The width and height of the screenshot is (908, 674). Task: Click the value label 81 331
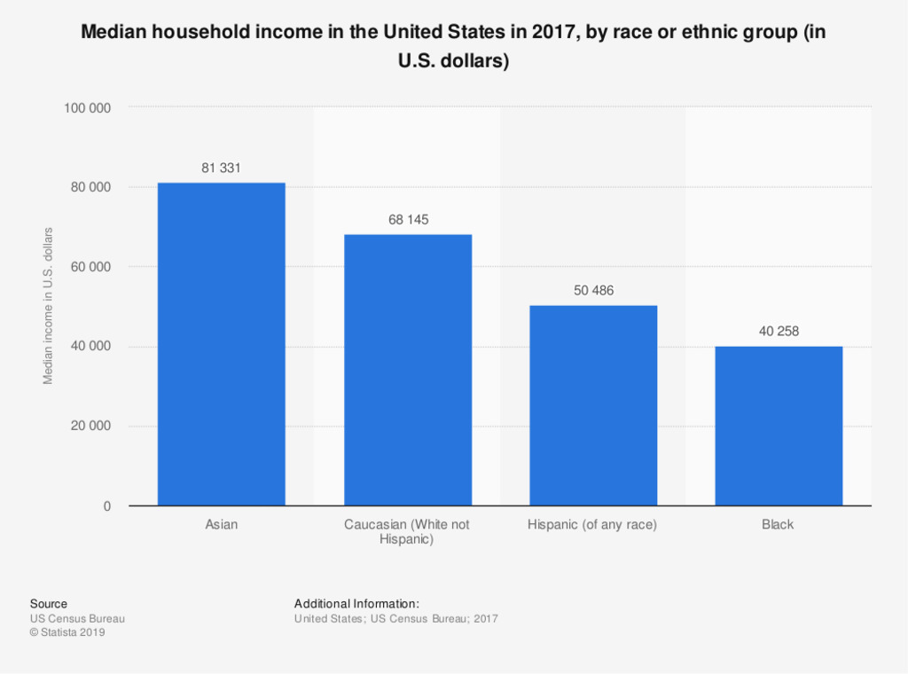[221, 168]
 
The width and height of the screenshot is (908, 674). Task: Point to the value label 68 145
[408, 219]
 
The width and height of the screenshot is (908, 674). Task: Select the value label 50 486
[593, 290]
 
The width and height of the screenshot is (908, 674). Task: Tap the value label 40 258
[779, 331]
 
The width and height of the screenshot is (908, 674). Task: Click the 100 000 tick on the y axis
[87, 107]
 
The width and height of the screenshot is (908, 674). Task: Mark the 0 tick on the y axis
[106, 506]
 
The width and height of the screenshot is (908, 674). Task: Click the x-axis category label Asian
[221, 524]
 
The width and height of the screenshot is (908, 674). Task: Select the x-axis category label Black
[778, 524]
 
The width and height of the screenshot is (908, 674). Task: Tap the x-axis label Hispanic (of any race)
[592, 524]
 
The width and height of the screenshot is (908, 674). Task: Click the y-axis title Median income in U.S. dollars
[49, 306]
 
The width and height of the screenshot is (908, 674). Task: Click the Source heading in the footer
[48, 604]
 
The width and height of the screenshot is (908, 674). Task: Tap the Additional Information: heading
[350, 604]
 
